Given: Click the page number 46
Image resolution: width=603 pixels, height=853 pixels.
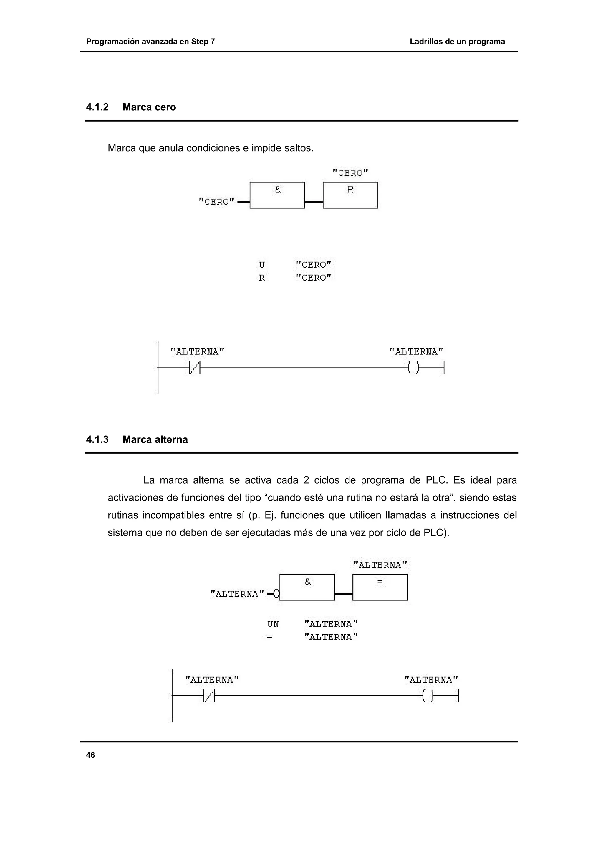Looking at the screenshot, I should [90, 755].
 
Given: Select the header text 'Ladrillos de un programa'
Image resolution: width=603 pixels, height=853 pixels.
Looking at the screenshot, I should [457, 42].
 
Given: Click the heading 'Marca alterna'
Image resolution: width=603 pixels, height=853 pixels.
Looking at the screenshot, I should [155, 439].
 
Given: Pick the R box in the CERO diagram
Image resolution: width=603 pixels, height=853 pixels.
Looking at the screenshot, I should [350, 195].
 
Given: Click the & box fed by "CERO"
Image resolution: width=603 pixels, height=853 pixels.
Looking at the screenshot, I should [277, 195].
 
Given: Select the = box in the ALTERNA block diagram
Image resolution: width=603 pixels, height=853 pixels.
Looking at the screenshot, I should [380, 588].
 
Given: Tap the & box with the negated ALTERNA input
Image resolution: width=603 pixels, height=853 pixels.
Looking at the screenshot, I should [307, 588].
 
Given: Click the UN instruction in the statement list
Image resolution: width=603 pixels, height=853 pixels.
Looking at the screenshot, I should [273, 624].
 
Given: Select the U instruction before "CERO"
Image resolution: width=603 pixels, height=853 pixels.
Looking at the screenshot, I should [262, 265].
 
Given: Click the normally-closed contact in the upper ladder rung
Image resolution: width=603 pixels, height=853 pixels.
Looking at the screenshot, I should [195, 367].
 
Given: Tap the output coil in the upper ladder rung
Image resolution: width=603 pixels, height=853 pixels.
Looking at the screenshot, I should [413, 367].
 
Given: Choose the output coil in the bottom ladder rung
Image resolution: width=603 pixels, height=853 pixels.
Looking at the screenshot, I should [428, 696].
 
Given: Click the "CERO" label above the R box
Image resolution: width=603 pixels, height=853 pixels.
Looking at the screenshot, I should [350, 173].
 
